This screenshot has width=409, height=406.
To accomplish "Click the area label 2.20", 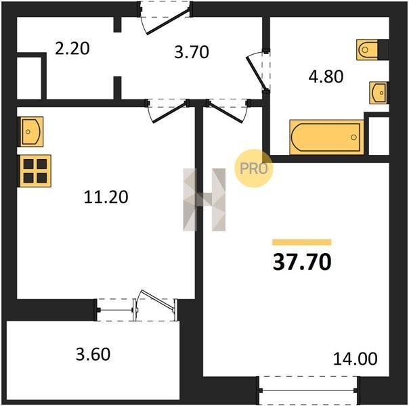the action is tap(72, 49).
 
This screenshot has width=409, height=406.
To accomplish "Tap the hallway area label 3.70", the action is tap(192, 52).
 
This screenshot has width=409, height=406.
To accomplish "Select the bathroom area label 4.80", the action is tap(326, 76).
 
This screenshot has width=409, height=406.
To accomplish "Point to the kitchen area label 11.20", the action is tap(106, 197).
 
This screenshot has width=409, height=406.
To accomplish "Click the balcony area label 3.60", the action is tap(93, 354).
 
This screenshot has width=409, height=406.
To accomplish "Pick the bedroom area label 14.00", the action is tap(356, 359).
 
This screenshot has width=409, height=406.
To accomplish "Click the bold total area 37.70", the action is tap(302, 262).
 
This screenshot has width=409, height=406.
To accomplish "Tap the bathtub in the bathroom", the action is tap(326, 137).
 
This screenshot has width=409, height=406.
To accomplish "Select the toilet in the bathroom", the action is tap(367, 49).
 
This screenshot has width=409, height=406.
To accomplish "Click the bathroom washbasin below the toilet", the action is tap(378, 93).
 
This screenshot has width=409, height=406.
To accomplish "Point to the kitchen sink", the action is tap(31, 131).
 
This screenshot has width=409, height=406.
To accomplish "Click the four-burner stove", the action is tap(35, 171).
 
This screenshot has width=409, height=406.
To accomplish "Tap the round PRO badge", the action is tap(253, 168).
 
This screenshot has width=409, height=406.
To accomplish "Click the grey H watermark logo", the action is tap(204, 200).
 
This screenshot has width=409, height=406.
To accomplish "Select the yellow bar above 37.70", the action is tap(302, 242).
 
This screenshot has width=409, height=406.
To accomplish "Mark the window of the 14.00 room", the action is tap(308, 390).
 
